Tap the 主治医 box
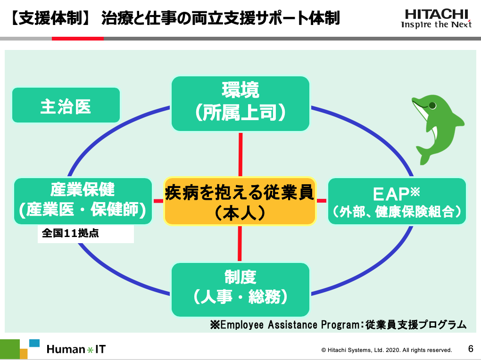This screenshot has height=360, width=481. click(x=66, y=105)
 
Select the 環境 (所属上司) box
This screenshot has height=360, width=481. click(x=240, y=104)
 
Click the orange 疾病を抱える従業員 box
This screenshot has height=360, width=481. click(x=240, y=201)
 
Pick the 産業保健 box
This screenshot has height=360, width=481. click(x=83, y=201)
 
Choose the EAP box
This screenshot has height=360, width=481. click(x=397, y=201)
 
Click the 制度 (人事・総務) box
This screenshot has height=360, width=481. click(x=240, y=290)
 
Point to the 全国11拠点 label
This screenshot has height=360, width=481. click(x=70, y=233)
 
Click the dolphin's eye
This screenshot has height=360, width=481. click(x=432, y=106)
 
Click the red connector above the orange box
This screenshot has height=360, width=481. click(x=240, y=155)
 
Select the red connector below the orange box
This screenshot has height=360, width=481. click(x=240, y=244)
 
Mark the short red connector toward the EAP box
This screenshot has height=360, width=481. click(x=322, y=201)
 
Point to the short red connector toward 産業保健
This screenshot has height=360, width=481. click(x=158, y=201)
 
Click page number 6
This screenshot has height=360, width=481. click(x=471, y=349)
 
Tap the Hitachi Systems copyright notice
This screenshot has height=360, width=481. click(x=387, y=350)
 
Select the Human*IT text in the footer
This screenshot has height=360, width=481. click(x=76, y=349)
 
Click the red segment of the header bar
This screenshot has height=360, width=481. click(x=78, y=39)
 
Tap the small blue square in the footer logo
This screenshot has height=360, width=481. click(x=34, y=343)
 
